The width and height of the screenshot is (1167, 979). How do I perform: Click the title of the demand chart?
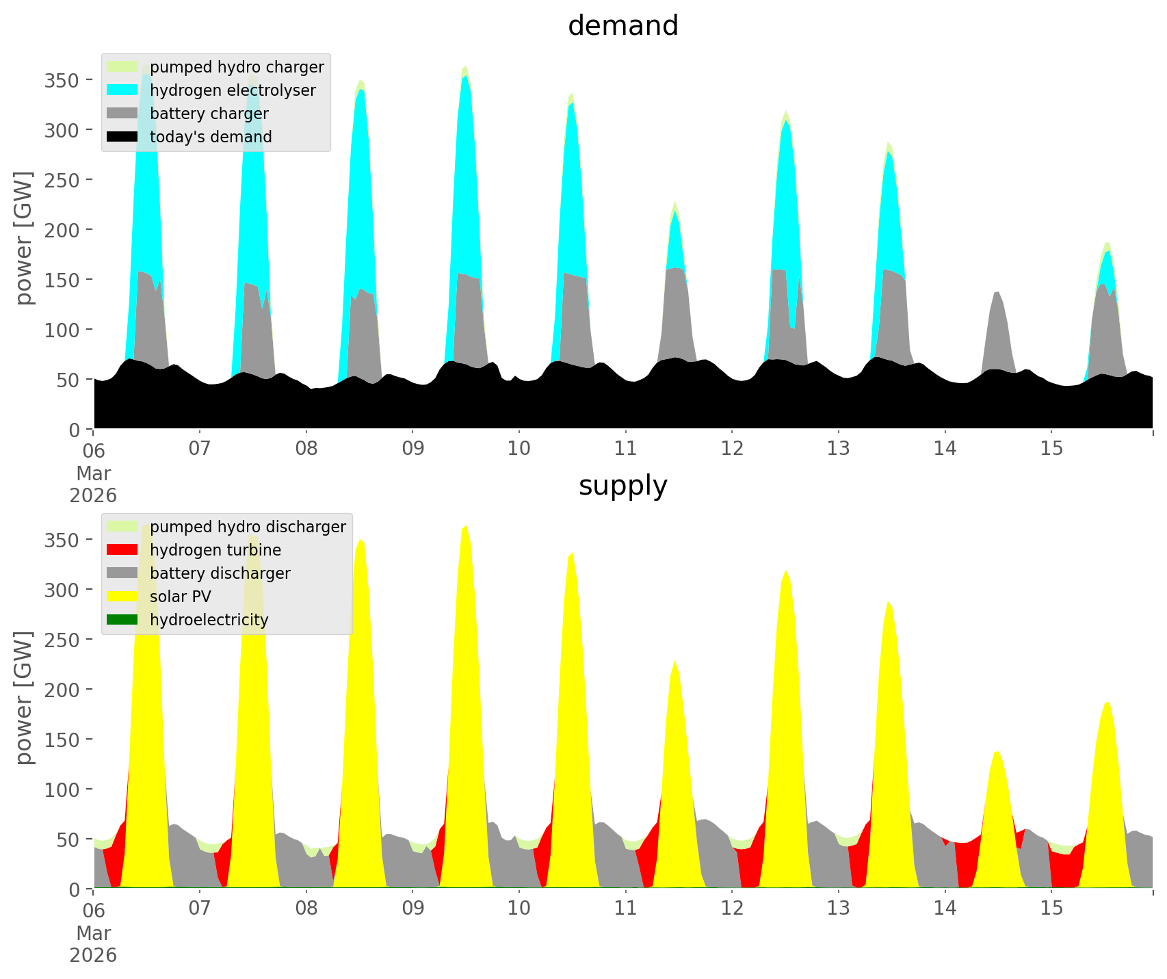click(622, 26)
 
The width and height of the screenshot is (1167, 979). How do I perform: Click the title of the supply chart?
click(622, 486)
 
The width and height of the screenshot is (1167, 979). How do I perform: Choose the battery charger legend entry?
click(209, 114)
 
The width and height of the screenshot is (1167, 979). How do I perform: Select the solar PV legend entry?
click(180, 597)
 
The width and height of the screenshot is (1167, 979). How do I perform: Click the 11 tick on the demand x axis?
click(625, 449)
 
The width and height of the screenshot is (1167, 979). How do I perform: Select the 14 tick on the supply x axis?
click(945, 909)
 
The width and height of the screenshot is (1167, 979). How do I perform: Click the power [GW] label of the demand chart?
click(25, 238)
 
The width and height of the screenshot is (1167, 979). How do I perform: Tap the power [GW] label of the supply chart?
click(25, 698)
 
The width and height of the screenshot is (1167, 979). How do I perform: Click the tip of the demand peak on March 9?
click(466, 66)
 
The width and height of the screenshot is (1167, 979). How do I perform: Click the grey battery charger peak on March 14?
click(997, 292)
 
